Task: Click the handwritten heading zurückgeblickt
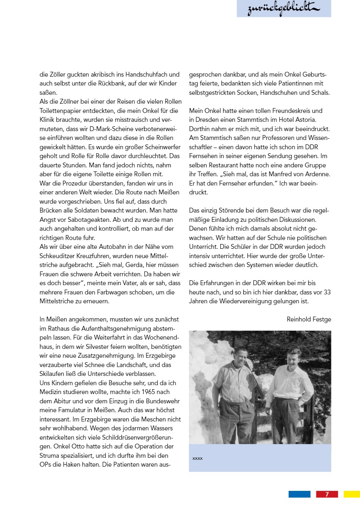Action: (283, 8)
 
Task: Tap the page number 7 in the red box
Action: (327, 494)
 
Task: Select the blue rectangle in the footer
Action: (299, 494)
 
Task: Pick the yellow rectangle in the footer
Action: (352, 494)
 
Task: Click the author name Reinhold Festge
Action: (309, 319)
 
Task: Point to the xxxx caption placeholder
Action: (197, 459)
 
